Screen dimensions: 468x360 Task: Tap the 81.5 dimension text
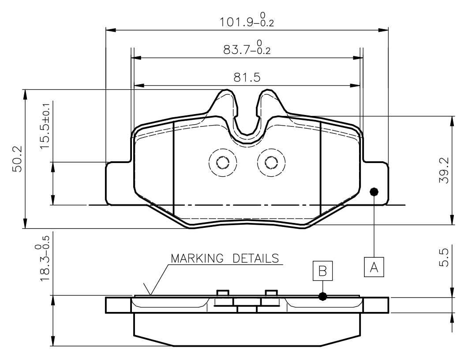click(x=247, y=78)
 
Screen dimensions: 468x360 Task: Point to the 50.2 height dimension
click(x=17, y=159)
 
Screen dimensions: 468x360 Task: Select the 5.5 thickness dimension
click(x=444, y=258)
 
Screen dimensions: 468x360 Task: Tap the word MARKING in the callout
click(x=197, y=258)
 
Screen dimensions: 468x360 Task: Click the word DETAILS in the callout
click(x=256, y=258)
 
